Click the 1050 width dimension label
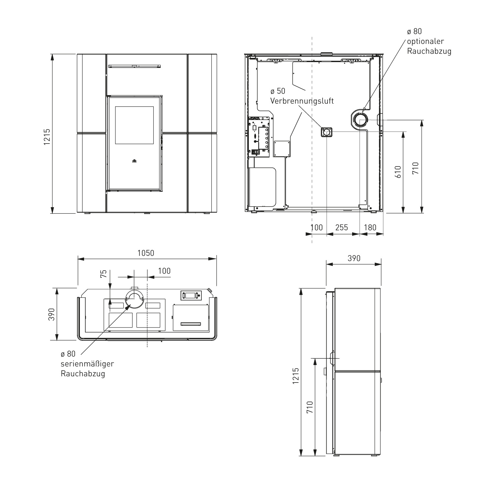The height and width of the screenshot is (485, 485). pyautogui.click(x=146, y=253)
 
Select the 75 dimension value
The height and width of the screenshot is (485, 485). pyautogui.click(x=103, y=274)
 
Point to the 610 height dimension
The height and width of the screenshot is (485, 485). pyautogui.click(x=398, y=172)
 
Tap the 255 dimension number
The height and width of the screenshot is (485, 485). pyautogui.click(x=341, y=228)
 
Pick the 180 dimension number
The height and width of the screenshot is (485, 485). pyautogui.click(x=370, y=228)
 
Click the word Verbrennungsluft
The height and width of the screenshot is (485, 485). pyautogui.click(x=302, y=101)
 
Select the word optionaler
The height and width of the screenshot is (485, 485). pyautogui.click(x=425, y=41)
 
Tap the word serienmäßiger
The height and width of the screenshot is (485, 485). pyautogui.click(x=87, y=364)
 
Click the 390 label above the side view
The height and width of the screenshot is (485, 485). pyautogui.click(x=354, y=258)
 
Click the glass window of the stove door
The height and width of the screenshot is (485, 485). pyautogui.click(x=135, y=125)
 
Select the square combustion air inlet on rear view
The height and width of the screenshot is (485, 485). pyautogui.click(x=327, y=132)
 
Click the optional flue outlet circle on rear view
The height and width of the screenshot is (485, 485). pyautogui.click(x=360, y=120)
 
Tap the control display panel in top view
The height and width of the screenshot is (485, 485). pyautogui.click(x=191, y=295)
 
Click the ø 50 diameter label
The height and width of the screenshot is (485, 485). pyautogui.click(x=278, y=91)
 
